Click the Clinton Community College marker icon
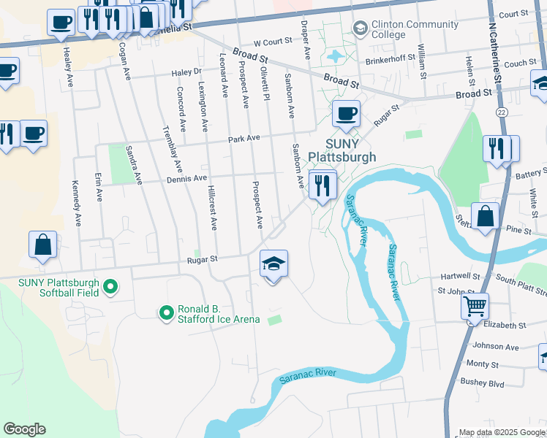tap(360, 28)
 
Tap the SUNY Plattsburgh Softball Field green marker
tap(110, 287)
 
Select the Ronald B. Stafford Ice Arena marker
tap(167, 313)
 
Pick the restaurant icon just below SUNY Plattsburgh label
tap(322, 184)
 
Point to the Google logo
tap(24, 429)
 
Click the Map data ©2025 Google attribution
tap(502, 432)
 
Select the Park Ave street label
tap(244, 138)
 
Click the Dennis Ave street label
tap(187, 177)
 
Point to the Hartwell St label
tap(459, 277)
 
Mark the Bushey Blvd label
tap(482, 382)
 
